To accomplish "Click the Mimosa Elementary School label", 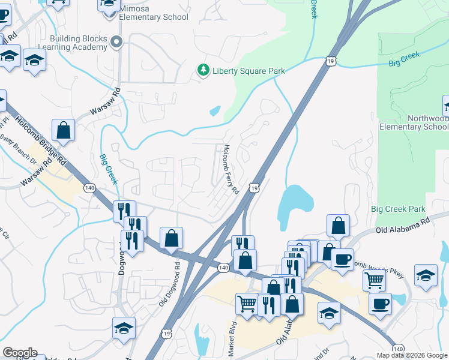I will pyautogui.click(x=153, y=13).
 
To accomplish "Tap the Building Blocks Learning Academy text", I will pyautogui.click(x=79, y=43).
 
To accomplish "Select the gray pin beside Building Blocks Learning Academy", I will pyautogui.click(x=116, y=42).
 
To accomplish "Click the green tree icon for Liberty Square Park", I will pyautogui.click(x=203, y=71).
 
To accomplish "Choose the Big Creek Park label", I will pyautogui.click(x=397, y=209).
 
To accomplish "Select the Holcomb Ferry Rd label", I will pyautogui.click(x=231, y=169).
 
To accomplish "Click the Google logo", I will pyautogui.click(x=20, y=353).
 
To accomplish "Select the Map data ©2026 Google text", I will pyautogui.click(x=412, y=355).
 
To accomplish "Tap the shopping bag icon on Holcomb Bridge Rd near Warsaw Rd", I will pyautogui.click(x=63, y=130).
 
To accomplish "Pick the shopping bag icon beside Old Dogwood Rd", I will pyautogui.click(x=172, y=238).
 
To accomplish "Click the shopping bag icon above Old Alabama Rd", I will pyautogui.click(x=339, y=226).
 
